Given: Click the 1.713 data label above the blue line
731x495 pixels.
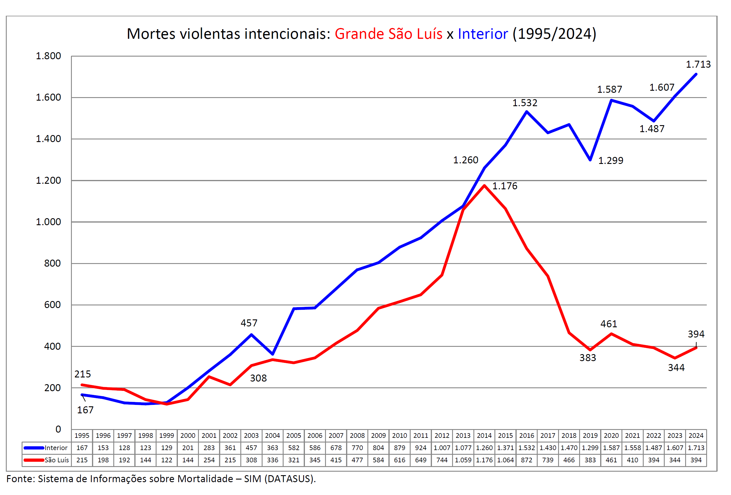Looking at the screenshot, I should (x=698, y=64).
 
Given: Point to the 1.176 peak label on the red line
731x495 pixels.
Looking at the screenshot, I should (x=505, y=186).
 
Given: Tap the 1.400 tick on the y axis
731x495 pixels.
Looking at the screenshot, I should (x=48, y=139).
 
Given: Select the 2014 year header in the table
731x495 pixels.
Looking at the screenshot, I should (x=484, y=435).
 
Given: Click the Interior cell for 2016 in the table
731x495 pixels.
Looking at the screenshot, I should (x=527, y=448).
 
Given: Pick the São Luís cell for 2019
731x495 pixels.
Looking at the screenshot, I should (x=590, y=460).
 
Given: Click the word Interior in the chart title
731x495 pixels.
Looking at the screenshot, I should (x=482, y=34).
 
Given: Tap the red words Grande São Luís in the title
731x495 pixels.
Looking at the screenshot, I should (x=388, y=34).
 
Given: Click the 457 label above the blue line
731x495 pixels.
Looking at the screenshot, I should (x=249, y=323).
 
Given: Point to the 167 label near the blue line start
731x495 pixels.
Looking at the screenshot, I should (x=85, y=410).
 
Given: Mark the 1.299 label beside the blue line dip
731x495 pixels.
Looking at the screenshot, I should (x=611, y=161).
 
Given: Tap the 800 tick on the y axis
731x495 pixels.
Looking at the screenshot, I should (x=52, y=263).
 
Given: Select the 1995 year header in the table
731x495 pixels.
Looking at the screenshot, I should (x=82, y=435).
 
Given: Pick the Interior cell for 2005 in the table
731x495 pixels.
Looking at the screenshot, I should (x=294, y=448).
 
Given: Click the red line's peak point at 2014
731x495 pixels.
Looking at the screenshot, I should (x=485, y=186).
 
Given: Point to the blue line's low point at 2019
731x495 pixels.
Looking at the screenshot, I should (x=590, y=160).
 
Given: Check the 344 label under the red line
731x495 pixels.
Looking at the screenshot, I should (x=676, y=368).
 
